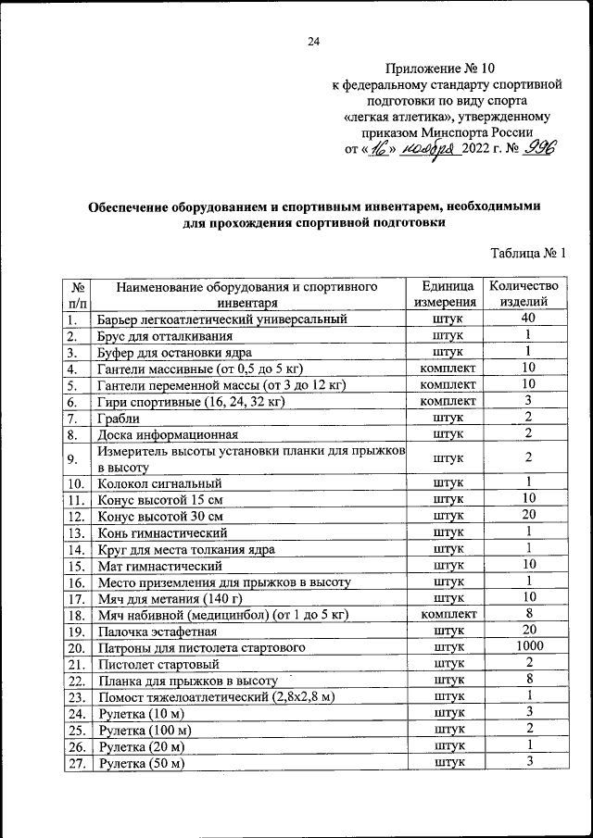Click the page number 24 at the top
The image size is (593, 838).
[313, 41]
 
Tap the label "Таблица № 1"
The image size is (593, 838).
[526, 253]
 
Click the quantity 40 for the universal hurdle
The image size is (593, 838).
[526, 319]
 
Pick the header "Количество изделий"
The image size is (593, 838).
[525, 294]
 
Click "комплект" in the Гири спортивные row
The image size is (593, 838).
[448, 402]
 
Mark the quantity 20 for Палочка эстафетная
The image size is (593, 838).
[526, 630]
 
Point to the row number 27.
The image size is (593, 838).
[76, 763]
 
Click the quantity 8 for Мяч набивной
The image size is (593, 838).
[526, 613]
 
